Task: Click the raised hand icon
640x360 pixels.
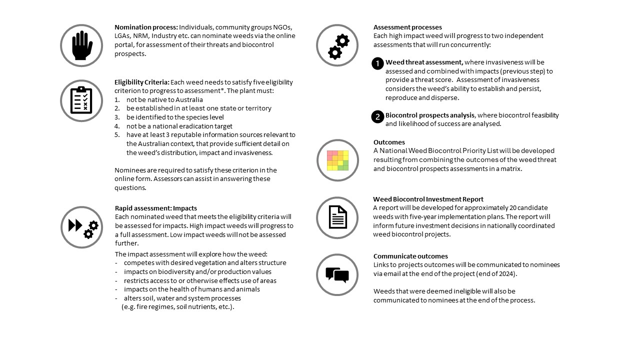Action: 81,45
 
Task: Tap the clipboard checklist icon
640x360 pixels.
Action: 81,100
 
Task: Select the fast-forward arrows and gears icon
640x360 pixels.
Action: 82,227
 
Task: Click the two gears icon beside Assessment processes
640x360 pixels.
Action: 337,45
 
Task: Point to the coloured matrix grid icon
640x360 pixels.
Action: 337,160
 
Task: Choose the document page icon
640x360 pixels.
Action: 337,217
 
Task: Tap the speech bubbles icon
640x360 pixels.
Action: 337,274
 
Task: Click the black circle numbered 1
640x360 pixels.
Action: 377,63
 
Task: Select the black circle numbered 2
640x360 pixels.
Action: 377,116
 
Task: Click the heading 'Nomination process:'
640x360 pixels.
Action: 146,27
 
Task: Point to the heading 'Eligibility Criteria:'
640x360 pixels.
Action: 142,82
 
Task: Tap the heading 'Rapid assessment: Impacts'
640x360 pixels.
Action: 156,208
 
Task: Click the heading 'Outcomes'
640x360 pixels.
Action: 389,142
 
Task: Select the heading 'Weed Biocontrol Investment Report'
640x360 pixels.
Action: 428,199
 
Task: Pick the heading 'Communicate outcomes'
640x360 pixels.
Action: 410,256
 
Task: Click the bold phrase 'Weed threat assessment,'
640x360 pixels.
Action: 424,62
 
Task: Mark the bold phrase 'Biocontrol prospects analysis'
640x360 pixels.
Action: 430,115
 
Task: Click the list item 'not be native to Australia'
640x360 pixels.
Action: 164,99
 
